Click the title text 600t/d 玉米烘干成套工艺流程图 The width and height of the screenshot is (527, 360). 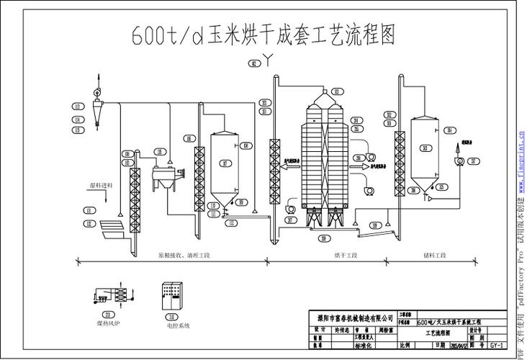tap(263, 35)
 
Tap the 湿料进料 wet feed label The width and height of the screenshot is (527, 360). tap(101, 186)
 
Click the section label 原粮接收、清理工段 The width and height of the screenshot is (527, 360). tap(183, 256)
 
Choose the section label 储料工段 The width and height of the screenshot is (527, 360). tap(436, 256)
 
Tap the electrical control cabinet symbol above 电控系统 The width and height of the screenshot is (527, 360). tap(171, 296)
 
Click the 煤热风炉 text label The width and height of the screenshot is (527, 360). tap(109, 324)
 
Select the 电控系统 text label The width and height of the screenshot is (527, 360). tap(178, 326)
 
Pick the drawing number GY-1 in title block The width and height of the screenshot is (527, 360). tap(496, 346)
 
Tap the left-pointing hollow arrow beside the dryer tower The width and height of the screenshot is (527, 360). tap(292, 167)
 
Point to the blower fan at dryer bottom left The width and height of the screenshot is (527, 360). tap(290, 207)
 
